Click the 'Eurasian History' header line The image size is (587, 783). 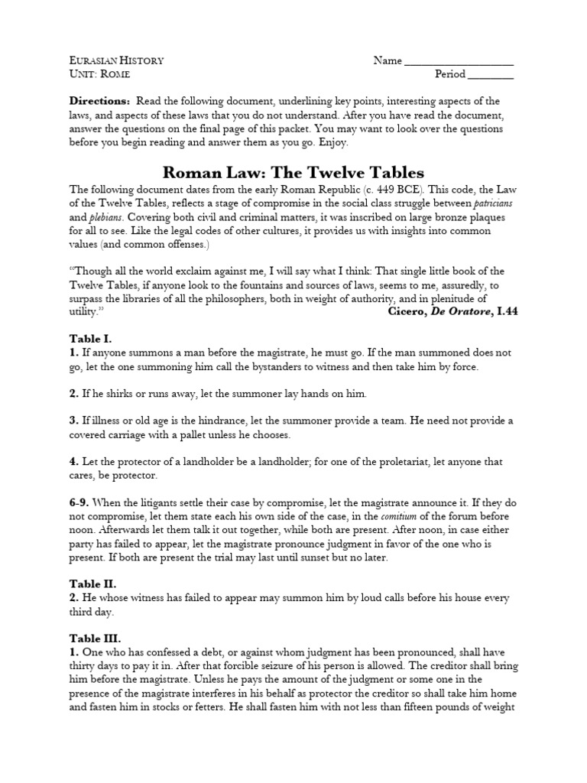pos(116,60)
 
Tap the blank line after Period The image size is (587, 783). pos(490,76)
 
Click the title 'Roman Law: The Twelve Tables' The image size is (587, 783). pos(293,173)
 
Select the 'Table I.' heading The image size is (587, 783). pos(91,339)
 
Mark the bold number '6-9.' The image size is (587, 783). pos(83,501)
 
